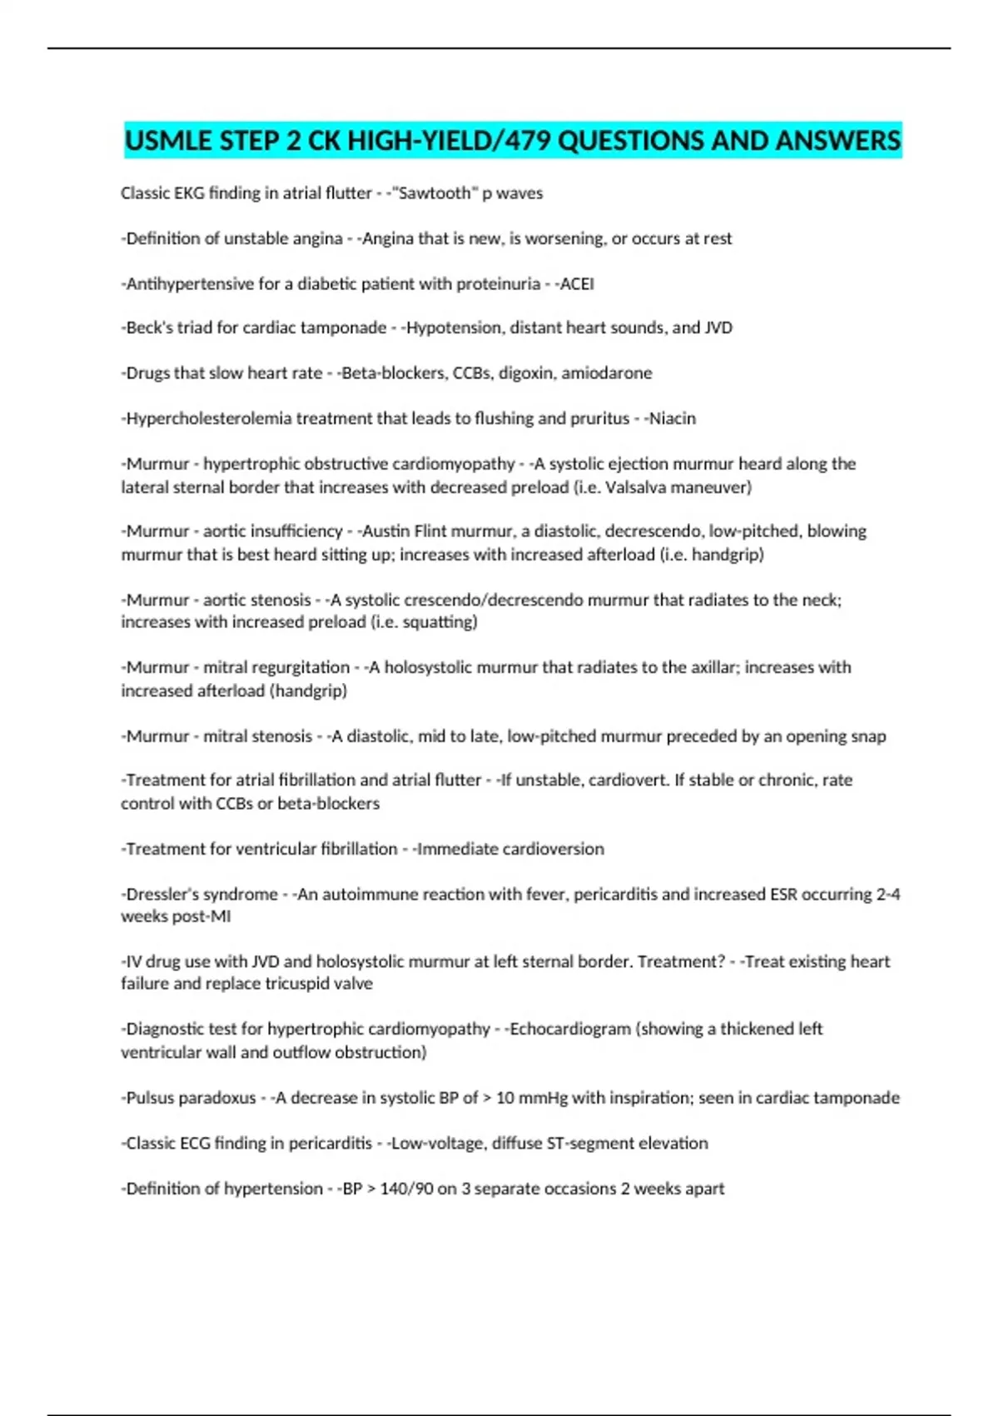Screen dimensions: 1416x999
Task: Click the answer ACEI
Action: point(577,284)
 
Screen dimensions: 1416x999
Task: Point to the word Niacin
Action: point(673,418)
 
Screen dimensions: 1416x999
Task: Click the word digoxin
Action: point(525,373)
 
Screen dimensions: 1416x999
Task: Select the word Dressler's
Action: point(161,895)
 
